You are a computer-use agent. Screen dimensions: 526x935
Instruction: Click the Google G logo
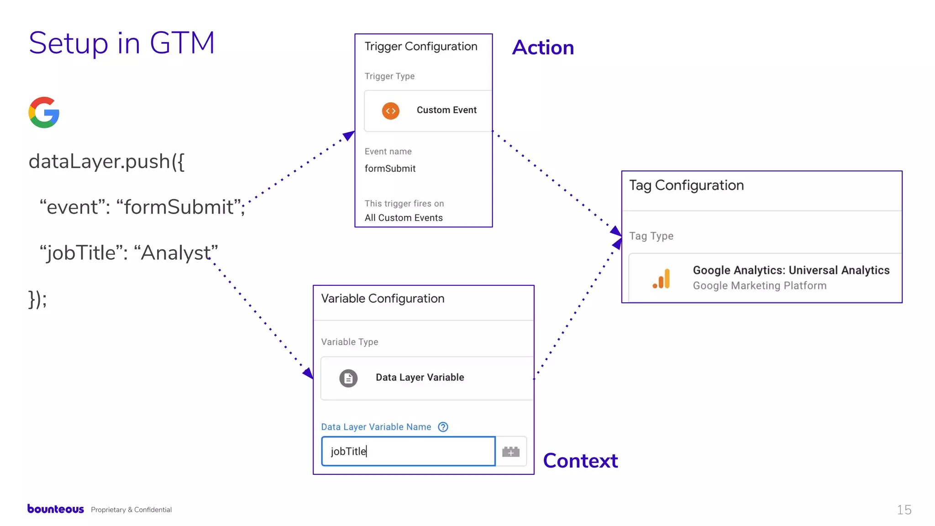point(44,112)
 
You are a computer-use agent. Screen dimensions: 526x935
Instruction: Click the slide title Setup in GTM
point(121,43)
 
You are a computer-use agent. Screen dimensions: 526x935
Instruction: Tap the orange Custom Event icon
point(390,110)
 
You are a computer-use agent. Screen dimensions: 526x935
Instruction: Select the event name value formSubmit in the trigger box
point(390,168)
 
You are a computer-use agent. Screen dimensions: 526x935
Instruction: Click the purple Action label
point(543,47)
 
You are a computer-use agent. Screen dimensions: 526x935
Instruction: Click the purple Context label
point(580,461)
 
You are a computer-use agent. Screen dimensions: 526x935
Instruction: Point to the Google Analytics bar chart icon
point(662,279)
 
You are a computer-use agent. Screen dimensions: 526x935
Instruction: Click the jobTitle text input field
point(408,451)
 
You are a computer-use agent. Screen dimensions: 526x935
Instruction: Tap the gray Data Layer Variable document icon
point(348,378)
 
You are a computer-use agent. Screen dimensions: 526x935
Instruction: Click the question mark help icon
point(443,427)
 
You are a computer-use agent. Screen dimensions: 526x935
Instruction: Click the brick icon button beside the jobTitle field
point(511,452)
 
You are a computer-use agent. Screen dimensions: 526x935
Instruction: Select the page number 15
point(904,510)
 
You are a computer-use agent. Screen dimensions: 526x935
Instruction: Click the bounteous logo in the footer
point(56,509)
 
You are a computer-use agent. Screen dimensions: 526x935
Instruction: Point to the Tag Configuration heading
point(686,185)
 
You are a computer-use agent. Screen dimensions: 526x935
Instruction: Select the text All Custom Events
point(404,218)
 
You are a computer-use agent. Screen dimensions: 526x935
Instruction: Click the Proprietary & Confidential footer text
point(131,510)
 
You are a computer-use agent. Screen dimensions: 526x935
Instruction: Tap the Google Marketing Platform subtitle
point(759,286)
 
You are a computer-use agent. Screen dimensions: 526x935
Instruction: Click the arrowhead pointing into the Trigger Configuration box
point(349,135)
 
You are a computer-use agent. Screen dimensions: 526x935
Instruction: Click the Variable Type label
point(349,342)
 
